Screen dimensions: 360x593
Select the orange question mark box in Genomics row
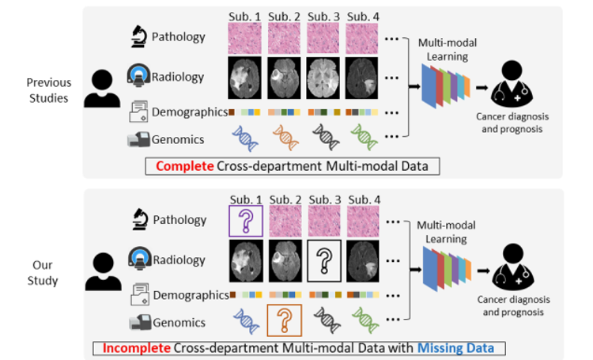coord(284,321)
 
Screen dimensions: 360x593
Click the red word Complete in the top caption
coord(182,166)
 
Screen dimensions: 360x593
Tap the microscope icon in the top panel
coord(140,36)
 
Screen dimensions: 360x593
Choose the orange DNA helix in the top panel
coord(284,138)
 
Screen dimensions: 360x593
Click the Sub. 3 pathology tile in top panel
coord(324,37)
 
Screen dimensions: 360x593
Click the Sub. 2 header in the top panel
coord(283,15)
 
